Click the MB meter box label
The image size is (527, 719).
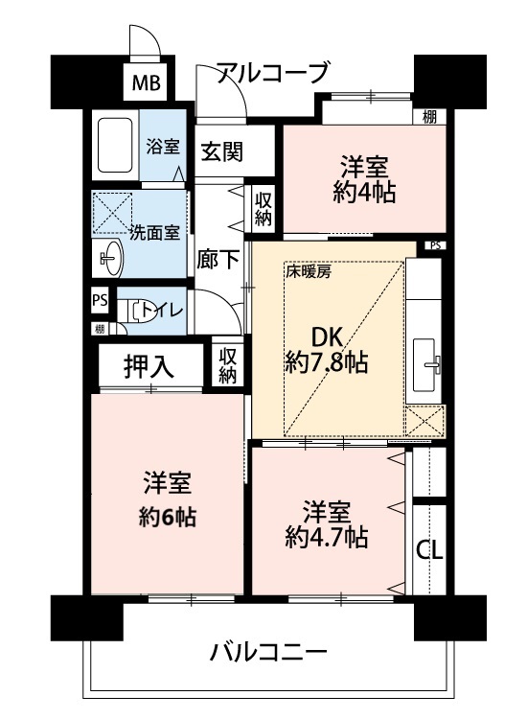pos(147,83)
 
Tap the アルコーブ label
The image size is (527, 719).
pos(273,73)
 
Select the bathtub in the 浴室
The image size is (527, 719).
pos(115,146)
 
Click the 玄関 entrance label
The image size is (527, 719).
pos(222,151)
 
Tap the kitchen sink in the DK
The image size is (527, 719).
pos(425,364)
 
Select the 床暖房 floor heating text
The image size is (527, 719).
pos(308,272)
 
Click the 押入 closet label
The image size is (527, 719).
pos(149,367)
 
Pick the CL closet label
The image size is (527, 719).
pos(429,550)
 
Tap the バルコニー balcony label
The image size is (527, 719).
pos(268,653)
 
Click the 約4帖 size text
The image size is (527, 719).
pos(364,194)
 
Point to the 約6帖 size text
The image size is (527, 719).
pos(168,518)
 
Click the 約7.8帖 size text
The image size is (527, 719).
pos(327,363)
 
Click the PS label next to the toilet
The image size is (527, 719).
pos(100,300)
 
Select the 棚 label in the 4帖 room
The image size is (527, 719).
pos(429,117)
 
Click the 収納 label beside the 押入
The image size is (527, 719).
pos(227,365)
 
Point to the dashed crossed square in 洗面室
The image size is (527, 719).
pos(113,212)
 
